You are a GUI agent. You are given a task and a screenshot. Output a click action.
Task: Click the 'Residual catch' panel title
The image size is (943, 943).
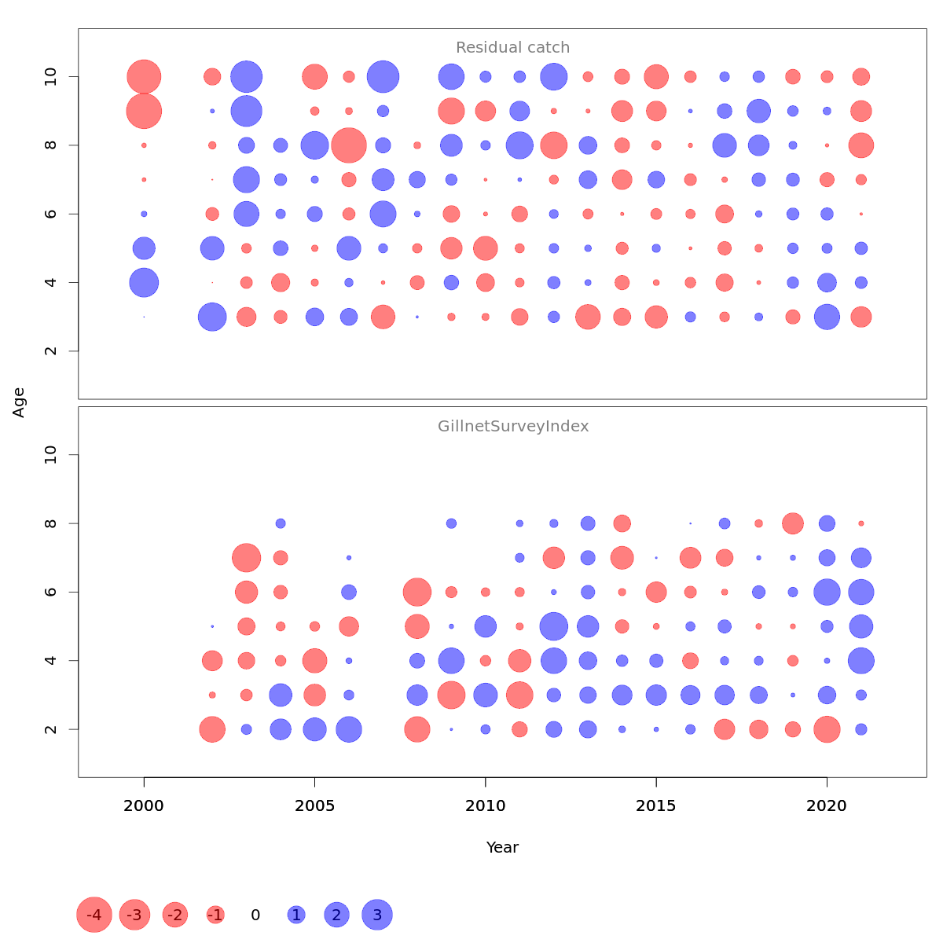[x=512, y=48]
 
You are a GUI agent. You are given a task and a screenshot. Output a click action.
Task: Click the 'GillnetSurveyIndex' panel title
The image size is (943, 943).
[x=513, y=427]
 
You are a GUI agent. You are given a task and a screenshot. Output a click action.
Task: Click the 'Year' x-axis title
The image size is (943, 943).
[x=502, y=847]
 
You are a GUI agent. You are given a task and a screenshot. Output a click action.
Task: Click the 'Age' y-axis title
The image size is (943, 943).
[x=19, y=402]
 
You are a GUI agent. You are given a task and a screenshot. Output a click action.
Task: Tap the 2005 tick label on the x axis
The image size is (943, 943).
[x=314, y=805]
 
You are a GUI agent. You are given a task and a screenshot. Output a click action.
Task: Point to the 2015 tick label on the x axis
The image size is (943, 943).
[x=656, y=805]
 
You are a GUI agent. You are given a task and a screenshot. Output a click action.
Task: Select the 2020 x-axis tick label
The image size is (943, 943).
[x=827, y=805]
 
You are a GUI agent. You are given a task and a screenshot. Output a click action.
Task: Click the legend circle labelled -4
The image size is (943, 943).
[x=94, y=915]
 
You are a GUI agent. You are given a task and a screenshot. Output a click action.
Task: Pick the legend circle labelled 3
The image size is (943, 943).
[x=377, y=915]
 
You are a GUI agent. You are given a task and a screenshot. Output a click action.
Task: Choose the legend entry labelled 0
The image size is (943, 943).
[x=255, y=915]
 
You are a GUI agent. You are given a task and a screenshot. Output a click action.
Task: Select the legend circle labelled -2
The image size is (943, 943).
[x=175, y=915]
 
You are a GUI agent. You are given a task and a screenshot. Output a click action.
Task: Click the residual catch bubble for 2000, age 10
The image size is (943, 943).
[x=144, y=77]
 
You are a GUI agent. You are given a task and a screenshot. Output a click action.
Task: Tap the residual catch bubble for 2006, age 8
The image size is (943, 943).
[x=349, y=145]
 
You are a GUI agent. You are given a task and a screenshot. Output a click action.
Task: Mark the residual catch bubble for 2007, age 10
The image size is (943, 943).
[x=383, y=77]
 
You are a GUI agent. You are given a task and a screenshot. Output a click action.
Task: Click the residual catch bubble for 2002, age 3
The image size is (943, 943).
[x=212, y=317]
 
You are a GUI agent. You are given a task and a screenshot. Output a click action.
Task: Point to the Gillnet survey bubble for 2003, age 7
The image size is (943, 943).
[x=246, y=558]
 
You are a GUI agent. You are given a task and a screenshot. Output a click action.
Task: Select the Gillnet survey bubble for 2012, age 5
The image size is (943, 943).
[x=554, y=626]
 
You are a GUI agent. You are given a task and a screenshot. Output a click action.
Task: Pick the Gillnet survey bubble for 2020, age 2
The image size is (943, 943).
[x=827, y=729]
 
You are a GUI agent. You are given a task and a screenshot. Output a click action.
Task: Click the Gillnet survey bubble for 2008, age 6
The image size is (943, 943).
[x=417, y=592]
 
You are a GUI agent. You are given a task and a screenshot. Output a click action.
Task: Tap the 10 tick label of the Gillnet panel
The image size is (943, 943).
[x=51, y=455]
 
